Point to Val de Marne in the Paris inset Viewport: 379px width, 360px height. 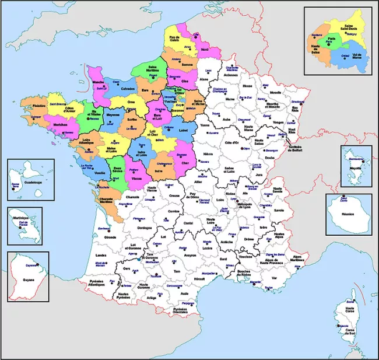tap(352, 56)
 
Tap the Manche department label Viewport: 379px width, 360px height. tap(99, 82)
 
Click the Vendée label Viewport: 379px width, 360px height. tap(100, 173)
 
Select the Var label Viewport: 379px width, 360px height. tap(274, 278)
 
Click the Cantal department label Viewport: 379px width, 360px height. tap(187, 222)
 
